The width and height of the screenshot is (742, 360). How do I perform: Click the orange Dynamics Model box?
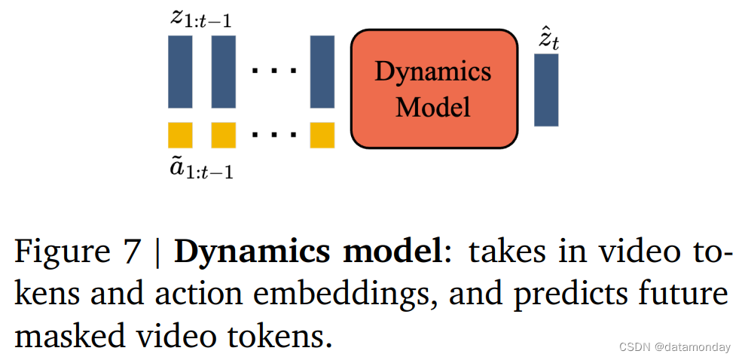pos(434,89)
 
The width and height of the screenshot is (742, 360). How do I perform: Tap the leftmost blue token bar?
pos(180,72)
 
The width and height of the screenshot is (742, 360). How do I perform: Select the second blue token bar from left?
pos(224,72)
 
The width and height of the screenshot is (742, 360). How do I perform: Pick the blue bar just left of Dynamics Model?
pos(322,72)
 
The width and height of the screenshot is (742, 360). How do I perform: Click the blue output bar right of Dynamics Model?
pos(546,90)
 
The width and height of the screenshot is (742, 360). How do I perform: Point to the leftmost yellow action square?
pos(180,135)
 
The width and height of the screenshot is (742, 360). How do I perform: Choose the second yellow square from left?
pos(224,135)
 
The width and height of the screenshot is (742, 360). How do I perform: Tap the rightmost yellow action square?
pos(322,135)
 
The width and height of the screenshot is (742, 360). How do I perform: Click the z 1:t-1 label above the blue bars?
pos(200,19)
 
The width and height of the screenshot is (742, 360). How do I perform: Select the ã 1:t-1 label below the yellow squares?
pos(200,169)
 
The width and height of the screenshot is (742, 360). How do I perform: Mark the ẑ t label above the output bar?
pos(548,39)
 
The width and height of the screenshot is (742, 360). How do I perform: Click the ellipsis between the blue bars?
pos(274,72)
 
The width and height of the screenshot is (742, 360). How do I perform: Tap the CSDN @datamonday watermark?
pos(674,347)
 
